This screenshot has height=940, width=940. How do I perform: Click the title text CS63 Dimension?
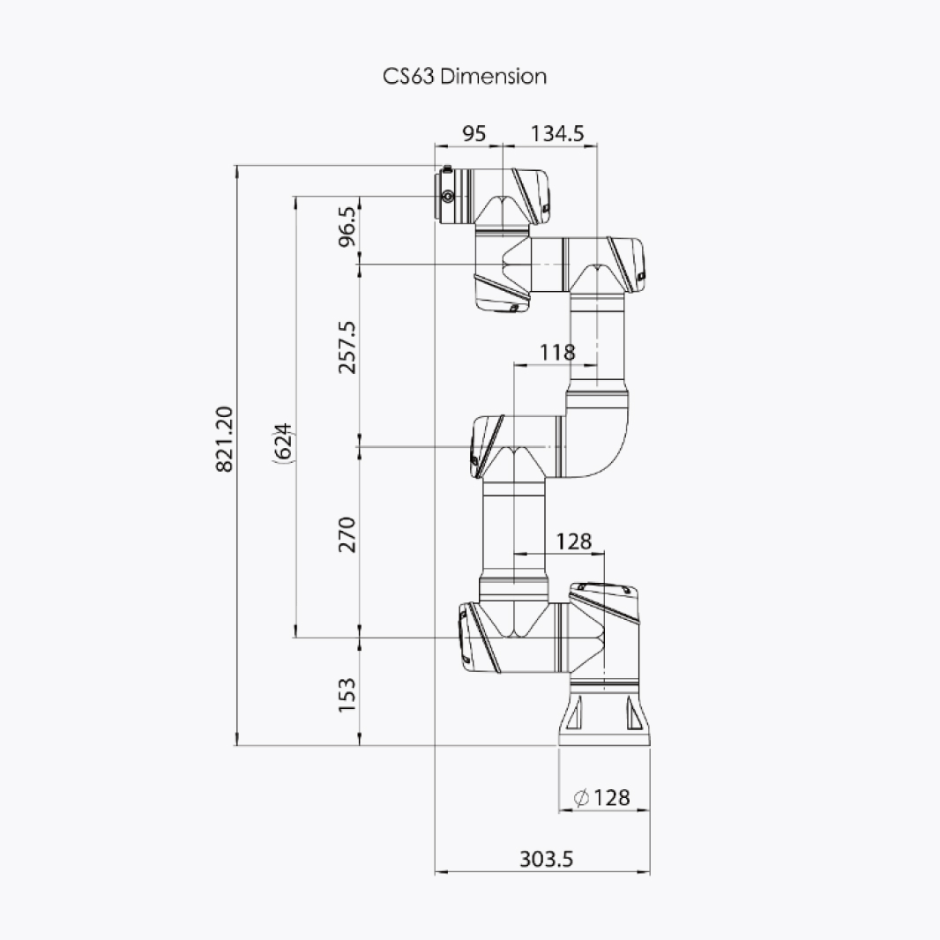click(465, 76)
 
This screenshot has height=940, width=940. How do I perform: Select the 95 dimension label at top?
click(474, 133)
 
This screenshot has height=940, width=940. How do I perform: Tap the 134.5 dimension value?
click(557, 133)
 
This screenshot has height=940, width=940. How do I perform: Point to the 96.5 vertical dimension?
click(347, 227)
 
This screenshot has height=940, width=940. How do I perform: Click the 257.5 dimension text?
click(347, 347)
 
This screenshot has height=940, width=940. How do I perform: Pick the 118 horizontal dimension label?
click(557, 352)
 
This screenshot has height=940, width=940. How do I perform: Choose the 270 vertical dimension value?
click(347, 534)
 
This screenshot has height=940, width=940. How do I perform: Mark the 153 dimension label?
click(347, 695)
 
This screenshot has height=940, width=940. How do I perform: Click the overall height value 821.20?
click(224, 439)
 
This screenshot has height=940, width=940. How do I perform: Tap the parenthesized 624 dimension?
click(283, 442)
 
